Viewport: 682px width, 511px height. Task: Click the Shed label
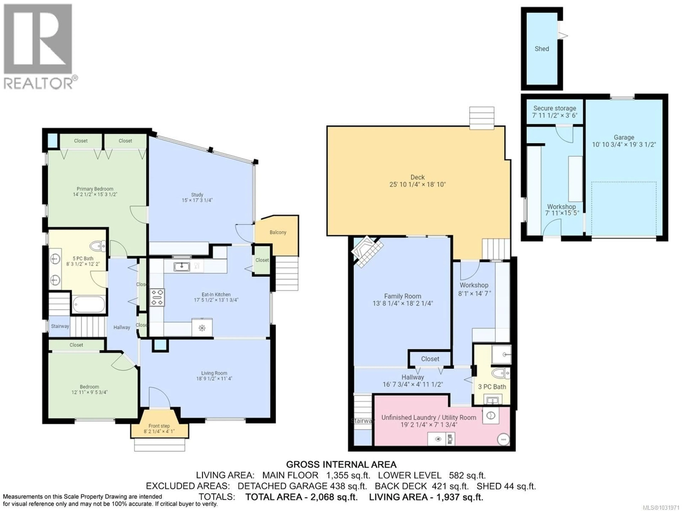pos(542,49)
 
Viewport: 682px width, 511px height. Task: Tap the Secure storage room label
pos(555,108)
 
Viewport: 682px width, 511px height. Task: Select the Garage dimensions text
pos(624,145)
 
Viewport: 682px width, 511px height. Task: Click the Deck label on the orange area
pos(418,177)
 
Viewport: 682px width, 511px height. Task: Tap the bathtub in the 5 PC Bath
pos(89,304)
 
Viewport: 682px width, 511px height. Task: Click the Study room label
pos(197,195)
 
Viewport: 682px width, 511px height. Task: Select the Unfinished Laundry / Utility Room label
pos(429,418)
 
